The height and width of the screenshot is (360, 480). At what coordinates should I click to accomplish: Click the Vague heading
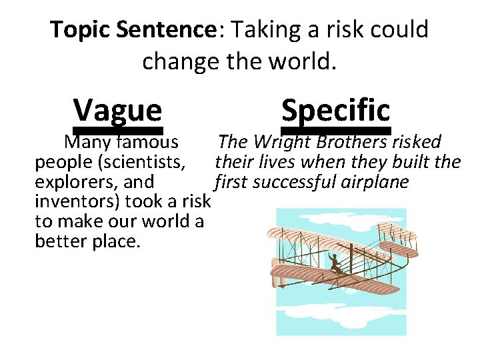117,109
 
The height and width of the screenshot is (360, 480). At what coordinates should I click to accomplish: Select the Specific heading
335,108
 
